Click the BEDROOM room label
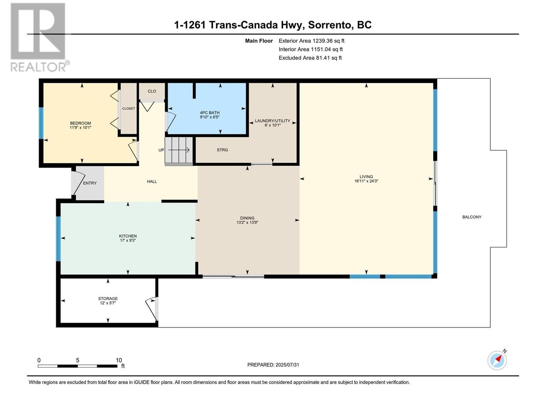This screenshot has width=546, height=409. click(81, 123)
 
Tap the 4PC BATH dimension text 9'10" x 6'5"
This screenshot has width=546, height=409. click(210, 117)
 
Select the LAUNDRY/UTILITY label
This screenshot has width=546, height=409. click(272, 121)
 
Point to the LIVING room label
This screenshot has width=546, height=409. click(366, 177)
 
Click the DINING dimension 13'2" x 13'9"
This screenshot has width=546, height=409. click(247, 223)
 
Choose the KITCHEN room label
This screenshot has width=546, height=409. click(128, 236)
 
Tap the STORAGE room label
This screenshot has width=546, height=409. click(108, 299)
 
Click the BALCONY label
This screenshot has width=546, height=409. click(472, 217)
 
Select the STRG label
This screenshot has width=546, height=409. click(222, 150)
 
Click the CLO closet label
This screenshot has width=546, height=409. click(152, 91)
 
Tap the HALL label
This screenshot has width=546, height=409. click(152, 181)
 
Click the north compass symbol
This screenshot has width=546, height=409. click(497, 360)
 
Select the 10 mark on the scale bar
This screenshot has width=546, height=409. click(119, 360)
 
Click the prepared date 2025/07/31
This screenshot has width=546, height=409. click(287, 365)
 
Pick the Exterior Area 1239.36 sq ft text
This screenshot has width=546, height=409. click(311, 41)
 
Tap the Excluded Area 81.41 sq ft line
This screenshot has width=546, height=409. click(310, 58)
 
